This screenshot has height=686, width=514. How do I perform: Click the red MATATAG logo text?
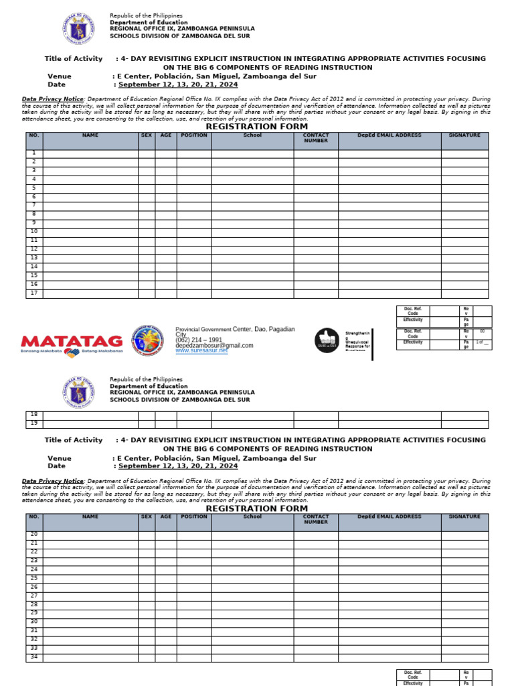pyautogui.click(x=72, y=341)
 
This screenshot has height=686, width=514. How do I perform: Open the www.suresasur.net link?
pyautogui.click(x=201, y=350)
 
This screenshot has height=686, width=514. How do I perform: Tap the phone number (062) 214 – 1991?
pyautogui.click(x=199, y=340)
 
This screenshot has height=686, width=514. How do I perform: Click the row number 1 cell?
pyautogui.click(x=34, y=153)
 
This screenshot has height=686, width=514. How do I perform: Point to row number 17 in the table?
pyautogui.click(x=34, y=293)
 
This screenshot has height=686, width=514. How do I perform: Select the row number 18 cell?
pyautogui.click(x=34, y=415)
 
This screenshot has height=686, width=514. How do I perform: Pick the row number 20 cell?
pyautogui.click(x=34, y=535)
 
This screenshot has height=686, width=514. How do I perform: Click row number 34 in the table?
pyautogui.click(x=34, y=658)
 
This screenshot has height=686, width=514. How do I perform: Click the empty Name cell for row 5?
pyautogui.click(x=90, y=188)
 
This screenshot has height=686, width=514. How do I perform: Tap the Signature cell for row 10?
pyautogui.click(x=464, y=232)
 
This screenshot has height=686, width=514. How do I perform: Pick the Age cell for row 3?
pyautogui.click(x=166, y=171)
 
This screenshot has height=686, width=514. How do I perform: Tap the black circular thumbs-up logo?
pyautogui.click(x=327, y=340)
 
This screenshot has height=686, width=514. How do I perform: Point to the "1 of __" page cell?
pyautogui.click(x=482, y=342)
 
